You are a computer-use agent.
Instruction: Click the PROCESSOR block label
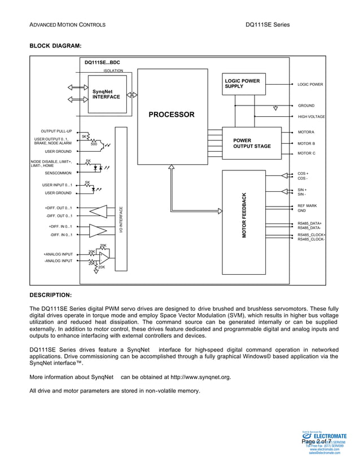tap(171, 115)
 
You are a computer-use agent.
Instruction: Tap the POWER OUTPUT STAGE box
tap(252, 143)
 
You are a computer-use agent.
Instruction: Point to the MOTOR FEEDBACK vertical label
tap(244, 215)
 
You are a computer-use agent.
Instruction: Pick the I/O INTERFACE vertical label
tap(121, 221)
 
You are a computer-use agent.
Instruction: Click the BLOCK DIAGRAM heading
tap(55, 45)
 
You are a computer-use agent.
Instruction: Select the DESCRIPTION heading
tap(50, 294)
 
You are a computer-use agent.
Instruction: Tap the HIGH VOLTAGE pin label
tap(311, 117)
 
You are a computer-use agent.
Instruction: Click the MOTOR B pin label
tap(306, 143)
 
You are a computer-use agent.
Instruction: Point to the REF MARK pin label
tap(307, 206)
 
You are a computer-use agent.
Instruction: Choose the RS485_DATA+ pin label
tap(309, 223)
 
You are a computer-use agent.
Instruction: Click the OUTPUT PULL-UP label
tap(56, 131)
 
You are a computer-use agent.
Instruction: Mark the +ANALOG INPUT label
tap(58, 254)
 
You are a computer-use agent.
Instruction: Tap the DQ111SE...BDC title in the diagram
tap(102, 63)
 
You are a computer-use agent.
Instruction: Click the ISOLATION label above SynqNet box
tap(113, 71)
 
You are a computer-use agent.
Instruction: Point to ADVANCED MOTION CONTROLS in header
tap(67, 25)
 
